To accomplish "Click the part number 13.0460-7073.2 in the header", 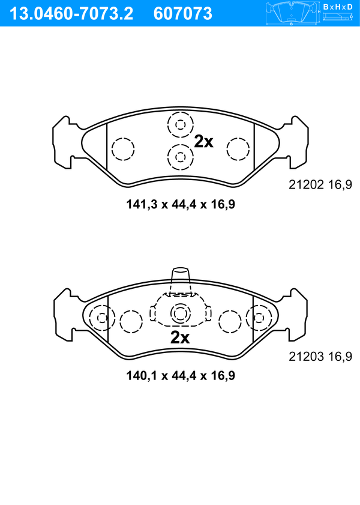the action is (x=71, y=14).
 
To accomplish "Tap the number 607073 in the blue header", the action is (x=183, y=14).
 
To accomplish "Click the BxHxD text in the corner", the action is (x=338, y=7).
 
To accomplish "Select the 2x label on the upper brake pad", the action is (x=203, y=141).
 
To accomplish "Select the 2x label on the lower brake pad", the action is (x=180, y=337).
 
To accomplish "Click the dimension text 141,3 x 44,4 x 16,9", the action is (x=181, y=204).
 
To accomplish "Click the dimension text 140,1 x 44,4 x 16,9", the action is (x=181, y=375).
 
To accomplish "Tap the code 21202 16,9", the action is (x=320, y=184).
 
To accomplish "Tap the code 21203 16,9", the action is (x=320, y=356).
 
